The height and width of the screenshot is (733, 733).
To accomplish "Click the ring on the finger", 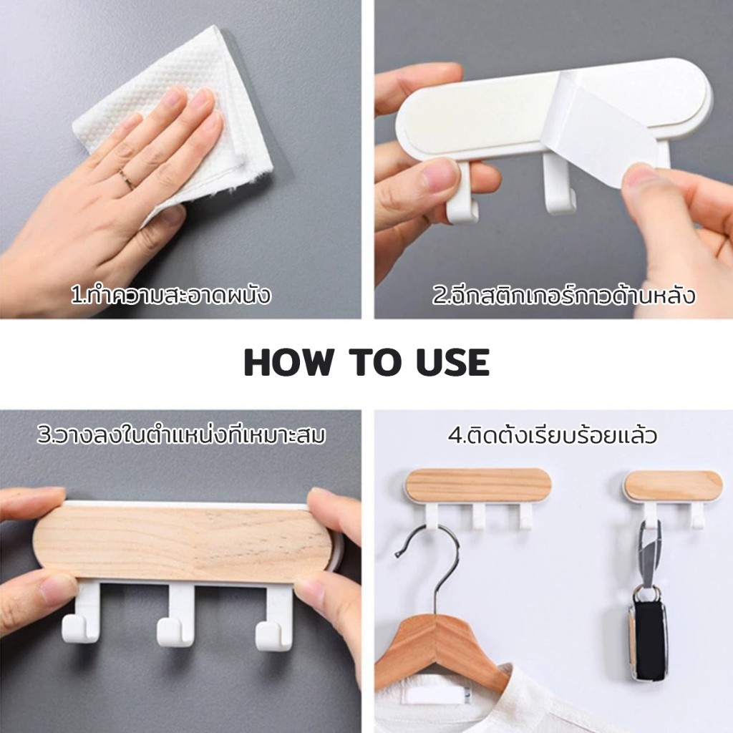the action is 126,180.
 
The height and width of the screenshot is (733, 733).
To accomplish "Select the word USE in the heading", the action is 452,362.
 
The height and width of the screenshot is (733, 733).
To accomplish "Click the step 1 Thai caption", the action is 171,296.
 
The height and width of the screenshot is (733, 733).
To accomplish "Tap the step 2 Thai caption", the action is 564,296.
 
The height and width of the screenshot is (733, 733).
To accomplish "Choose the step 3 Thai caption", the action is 181,434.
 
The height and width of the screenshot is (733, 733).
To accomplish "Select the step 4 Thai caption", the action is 553,435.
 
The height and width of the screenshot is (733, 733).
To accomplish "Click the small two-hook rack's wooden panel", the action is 673,486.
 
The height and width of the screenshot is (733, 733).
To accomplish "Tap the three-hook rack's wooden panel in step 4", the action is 477,485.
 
